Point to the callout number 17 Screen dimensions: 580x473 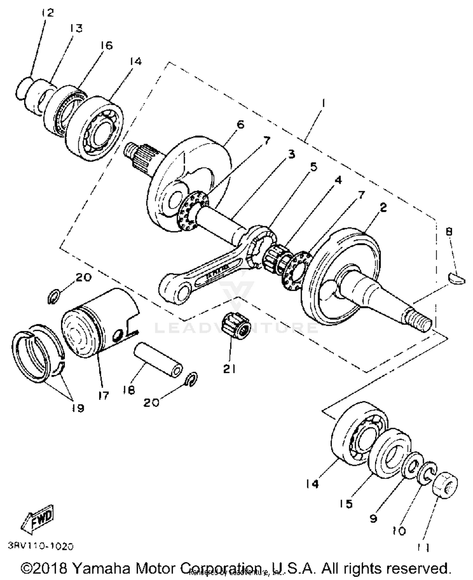(x=103, y=395)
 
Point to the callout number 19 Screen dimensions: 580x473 (x=78, y=408)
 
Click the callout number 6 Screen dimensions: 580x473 (x=240, y=124)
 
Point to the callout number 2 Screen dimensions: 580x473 (x=383, y=207)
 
